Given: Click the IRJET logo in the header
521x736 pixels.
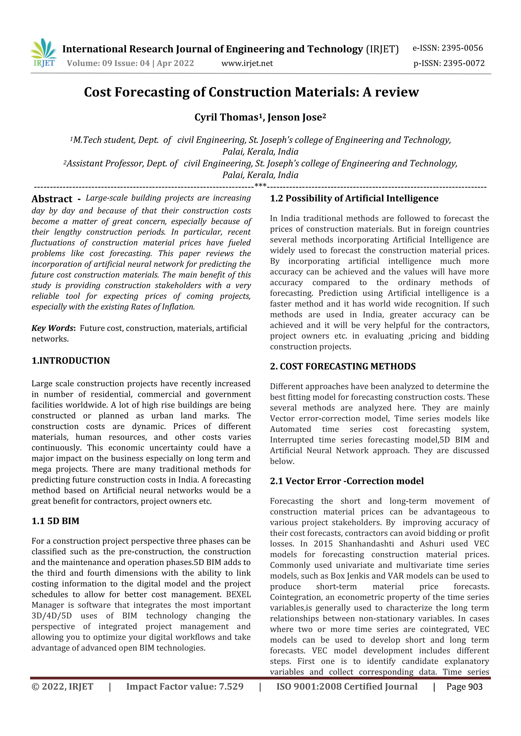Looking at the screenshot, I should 44,53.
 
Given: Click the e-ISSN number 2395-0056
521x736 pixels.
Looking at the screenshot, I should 462,48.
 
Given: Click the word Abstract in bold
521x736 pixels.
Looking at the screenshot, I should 52,199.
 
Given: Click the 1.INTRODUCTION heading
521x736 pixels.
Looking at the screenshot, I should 71,361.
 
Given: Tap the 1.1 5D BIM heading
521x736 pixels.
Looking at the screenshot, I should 55,521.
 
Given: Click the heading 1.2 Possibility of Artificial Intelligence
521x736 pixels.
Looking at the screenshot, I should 354,198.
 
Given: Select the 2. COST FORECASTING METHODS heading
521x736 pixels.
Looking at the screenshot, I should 342,366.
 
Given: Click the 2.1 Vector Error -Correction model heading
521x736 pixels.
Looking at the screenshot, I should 347,481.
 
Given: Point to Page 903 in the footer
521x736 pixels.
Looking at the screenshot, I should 464,687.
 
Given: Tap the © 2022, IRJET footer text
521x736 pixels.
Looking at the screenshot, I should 62,687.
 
